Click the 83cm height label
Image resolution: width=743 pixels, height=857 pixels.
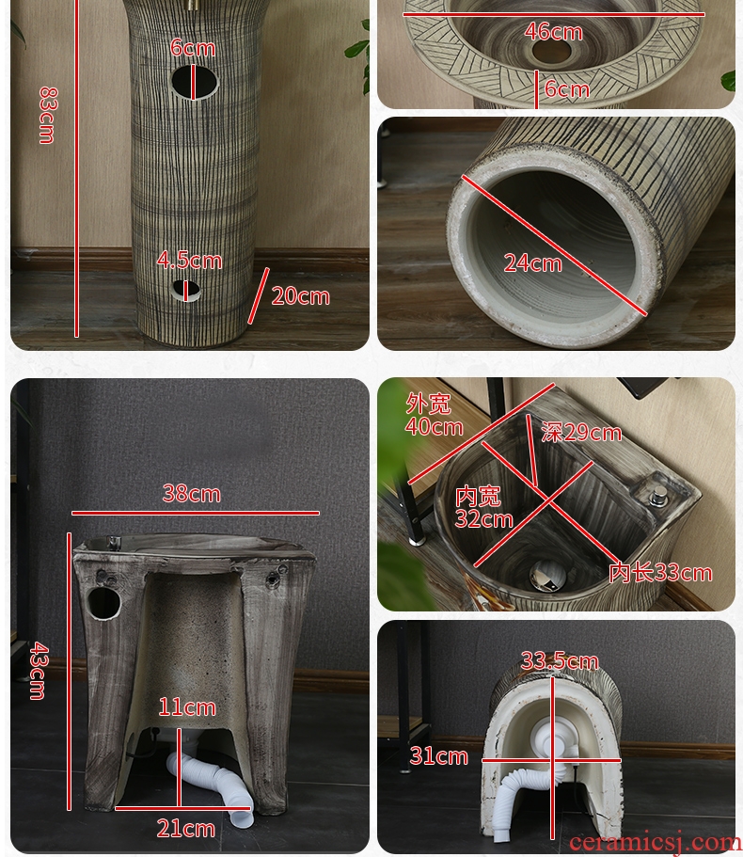pos(47,116)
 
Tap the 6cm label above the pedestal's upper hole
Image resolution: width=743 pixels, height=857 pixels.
pos(192,48)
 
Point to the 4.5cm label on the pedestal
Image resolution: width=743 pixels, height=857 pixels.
pos(190,261)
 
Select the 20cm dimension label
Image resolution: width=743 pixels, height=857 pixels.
pos(300,296)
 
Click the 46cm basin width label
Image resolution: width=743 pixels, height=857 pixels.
pos(553,32)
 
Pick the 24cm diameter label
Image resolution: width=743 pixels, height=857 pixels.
pos(532,263)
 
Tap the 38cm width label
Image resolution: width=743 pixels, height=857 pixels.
pos(191,494)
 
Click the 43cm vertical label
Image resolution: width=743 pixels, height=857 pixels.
pos(39,671)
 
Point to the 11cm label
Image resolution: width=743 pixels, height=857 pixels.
pos(187,707)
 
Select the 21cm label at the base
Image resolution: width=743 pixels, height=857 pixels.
pos(186,829)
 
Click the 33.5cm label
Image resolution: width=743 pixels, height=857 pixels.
pos(560,660)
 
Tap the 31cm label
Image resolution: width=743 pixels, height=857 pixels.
pos(439,756)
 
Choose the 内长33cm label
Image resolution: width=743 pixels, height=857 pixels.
pos(660,573)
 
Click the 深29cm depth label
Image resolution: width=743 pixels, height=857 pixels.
pos(581,433)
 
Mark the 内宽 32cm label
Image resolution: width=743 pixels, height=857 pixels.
pos(483,508)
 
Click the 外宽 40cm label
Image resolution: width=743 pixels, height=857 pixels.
pos(434,416)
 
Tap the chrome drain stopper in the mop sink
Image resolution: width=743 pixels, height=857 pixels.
pos(547,575)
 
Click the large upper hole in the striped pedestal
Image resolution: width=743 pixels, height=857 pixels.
pos(194,83)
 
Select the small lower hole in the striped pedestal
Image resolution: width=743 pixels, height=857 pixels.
pos(185,291)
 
